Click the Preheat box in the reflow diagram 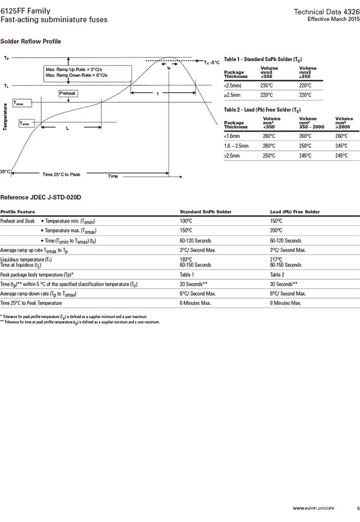pos(67,93)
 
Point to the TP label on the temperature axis pos(6,58)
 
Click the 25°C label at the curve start pos(5,171)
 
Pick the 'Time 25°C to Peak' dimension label pos(61,175)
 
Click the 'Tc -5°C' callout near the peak pos(211,62)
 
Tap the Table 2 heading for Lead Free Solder pos(262,110)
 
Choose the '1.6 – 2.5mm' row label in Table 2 pos(237,146)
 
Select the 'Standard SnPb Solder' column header pos(205,211)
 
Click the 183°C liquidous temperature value pos(186,259)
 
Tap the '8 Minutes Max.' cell pos(285,303)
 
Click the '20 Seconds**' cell pos(193,284)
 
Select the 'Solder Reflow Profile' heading pos(31,41)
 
